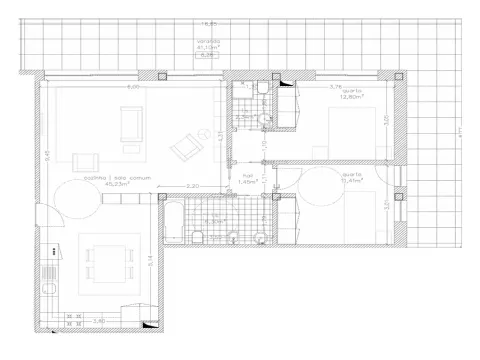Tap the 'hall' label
tap(248, 175)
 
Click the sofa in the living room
tap(131, 123)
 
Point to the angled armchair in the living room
tap(185, 149)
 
